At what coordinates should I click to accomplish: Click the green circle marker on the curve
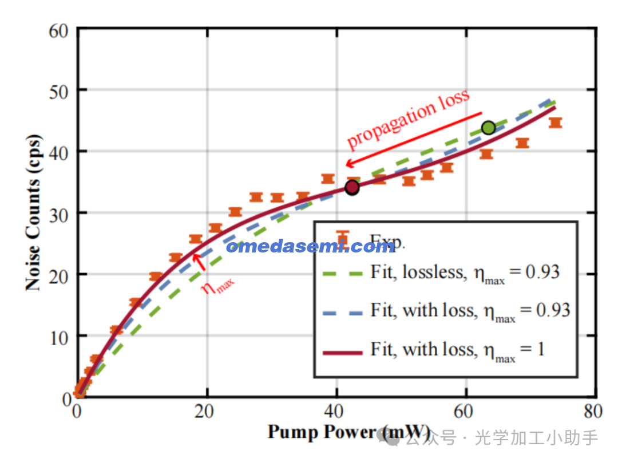coord(488,128)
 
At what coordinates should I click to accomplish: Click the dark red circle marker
coord(352,187)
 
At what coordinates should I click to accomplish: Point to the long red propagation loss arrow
coord(414,139)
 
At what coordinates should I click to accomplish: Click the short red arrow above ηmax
coord(199,260)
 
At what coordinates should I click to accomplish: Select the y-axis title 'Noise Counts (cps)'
coord(34,212)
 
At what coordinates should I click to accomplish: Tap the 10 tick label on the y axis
coord(61,336)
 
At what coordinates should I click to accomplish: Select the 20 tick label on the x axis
coord(207,411)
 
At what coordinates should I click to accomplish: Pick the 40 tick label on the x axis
coord(336,411)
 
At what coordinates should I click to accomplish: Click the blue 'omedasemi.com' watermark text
coord(310,247)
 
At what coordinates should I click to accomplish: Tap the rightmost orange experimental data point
coord(555,123)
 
